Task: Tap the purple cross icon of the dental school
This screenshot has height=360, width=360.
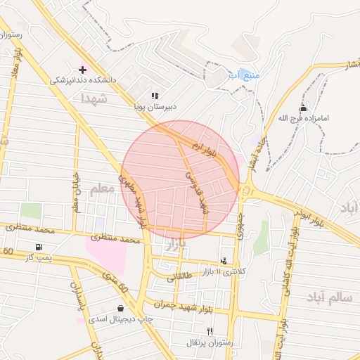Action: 82,70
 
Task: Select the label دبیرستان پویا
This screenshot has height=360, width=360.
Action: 155,107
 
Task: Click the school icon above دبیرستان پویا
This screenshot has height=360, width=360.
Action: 155,96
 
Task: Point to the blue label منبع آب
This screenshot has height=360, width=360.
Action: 244,75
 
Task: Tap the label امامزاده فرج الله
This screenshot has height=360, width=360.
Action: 304,118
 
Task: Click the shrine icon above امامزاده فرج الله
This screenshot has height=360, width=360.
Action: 303,108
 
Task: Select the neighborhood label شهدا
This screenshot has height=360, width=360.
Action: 93,97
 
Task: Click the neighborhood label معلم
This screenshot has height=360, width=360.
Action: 101,188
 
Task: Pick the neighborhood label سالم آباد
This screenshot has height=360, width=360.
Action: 328,297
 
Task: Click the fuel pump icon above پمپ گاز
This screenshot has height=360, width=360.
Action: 38,247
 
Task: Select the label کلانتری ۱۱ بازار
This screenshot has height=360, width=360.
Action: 225,271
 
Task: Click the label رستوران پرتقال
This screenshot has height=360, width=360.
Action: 209,342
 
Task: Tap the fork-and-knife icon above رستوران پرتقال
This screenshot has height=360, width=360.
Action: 209,331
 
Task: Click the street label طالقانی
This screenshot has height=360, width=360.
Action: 179,278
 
